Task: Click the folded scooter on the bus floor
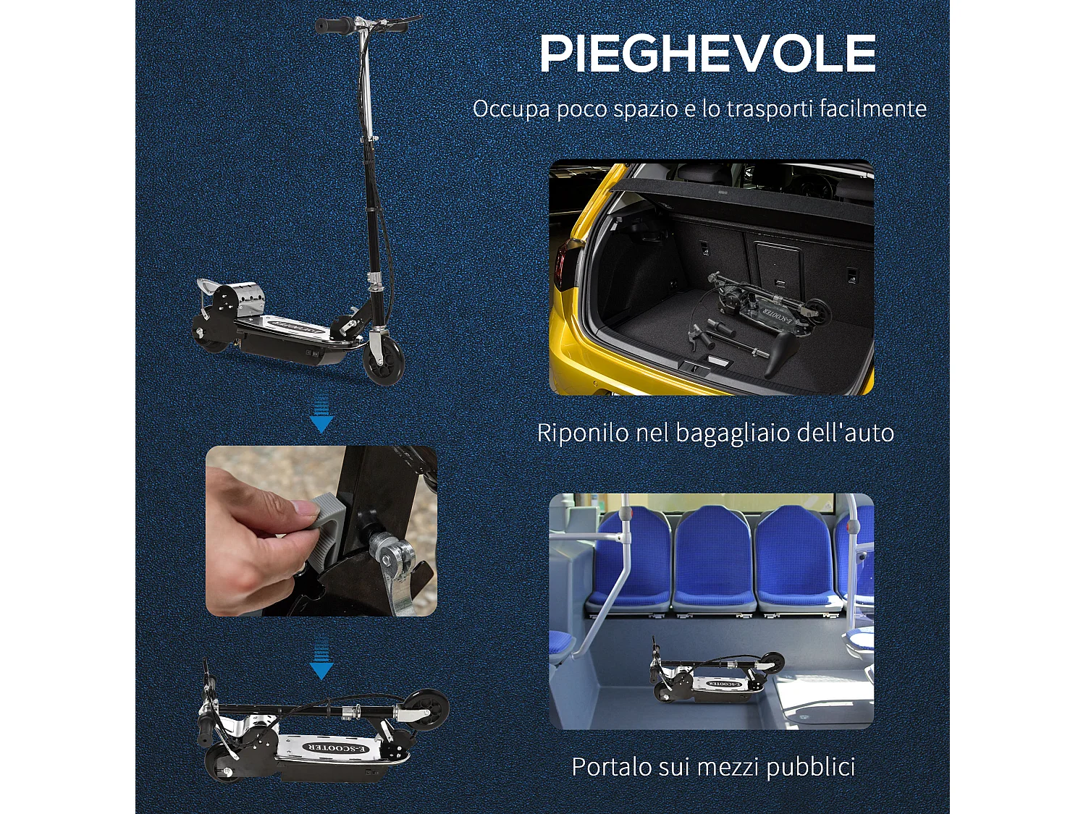click(717, 677)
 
